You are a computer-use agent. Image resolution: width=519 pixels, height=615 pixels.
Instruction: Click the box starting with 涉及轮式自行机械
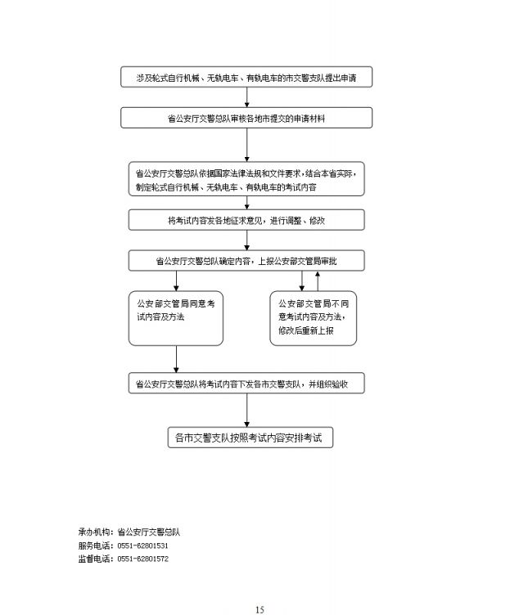(x=246, y=77)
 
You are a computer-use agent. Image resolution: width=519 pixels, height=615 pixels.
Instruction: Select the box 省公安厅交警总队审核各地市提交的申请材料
(x=246, y=118)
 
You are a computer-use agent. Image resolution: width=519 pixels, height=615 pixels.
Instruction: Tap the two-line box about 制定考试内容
(x=246, y=179)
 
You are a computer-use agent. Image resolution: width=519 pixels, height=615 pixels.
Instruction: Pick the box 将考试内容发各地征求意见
(x=246, y=220)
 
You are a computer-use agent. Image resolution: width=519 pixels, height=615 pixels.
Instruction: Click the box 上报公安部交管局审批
(x=246, y=260)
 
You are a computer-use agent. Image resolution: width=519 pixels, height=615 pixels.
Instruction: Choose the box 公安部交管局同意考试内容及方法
(x=175, y=318)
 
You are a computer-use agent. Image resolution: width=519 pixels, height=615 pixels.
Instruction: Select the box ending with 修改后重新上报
(x=313, y=318)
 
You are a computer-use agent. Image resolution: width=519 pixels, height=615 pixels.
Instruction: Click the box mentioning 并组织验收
(x=246, y=384)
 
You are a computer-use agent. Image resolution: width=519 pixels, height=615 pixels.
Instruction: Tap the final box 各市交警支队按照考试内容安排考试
(x=250, y=438)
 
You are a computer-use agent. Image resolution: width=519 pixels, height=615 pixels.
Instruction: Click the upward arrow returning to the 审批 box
(x=318, y=281)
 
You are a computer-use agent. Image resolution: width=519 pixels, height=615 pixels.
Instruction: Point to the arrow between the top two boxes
(x=246, y=97)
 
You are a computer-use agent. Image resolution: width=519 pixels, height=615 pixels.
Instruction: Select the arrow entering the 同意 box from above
(x=176, y=281)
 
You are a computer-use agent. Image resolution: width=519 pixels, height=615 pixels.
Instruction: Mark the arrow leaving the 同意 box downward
(x=176, y=359)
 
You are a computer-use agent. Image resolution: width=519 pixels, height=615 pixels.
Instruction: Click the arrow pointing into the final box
(x=246, y=411)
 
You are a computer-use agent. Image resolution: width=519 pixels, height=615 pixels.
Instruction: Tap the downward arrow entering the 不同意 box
(x=301, y=281)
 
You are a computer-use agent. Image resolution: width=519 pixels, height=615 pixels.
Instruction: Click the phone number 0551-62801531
(x=142, y=545)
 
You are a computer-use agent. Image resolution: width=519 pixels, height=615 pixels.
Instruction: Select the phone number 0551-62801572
(x=142, y=559)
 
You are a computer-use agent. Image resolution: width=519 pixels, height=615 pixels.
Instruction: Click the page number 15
(x=259, y=609)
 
